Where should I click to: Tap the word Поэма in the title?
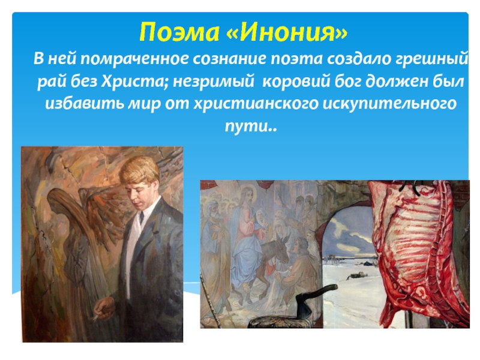(x=179, y=32)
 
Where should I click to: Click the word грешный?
(x=432, y=59)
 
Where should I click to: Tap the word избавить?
(x=85, y=103)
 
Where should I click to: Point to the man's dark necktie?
(x=141, y=217)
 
